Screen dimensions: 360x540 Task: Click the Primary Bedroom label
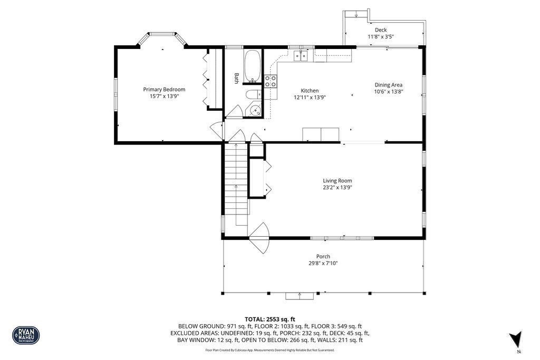coord(164,90)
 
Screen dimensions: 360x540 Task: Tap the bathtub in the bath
coord(253,66)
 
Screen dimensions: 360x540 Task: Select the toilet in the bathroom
coord(253,95)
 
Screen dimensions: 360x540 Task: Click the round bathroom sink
coord(255,111)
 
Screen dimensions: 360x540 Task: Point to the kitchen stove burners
coord(270,81)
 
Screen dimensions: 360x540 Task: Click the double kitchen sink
coord(301,55)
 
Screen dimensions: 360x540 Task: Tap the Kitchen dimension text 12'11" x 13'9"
coord(310,97)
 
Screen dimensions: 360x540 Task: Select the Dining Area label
coord(389,84)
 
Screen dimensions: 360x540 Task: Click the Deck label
coord(380,30)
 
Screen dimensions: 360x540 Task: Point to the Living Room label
coord(337,181)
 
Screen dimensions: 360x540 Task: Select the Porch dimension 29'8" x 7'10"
coord(323,263)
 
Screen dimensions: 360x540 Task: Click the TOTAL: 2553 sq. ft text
coord(270,319)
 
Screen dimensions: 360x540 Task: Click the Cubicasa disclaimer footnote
coord(270,350)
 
